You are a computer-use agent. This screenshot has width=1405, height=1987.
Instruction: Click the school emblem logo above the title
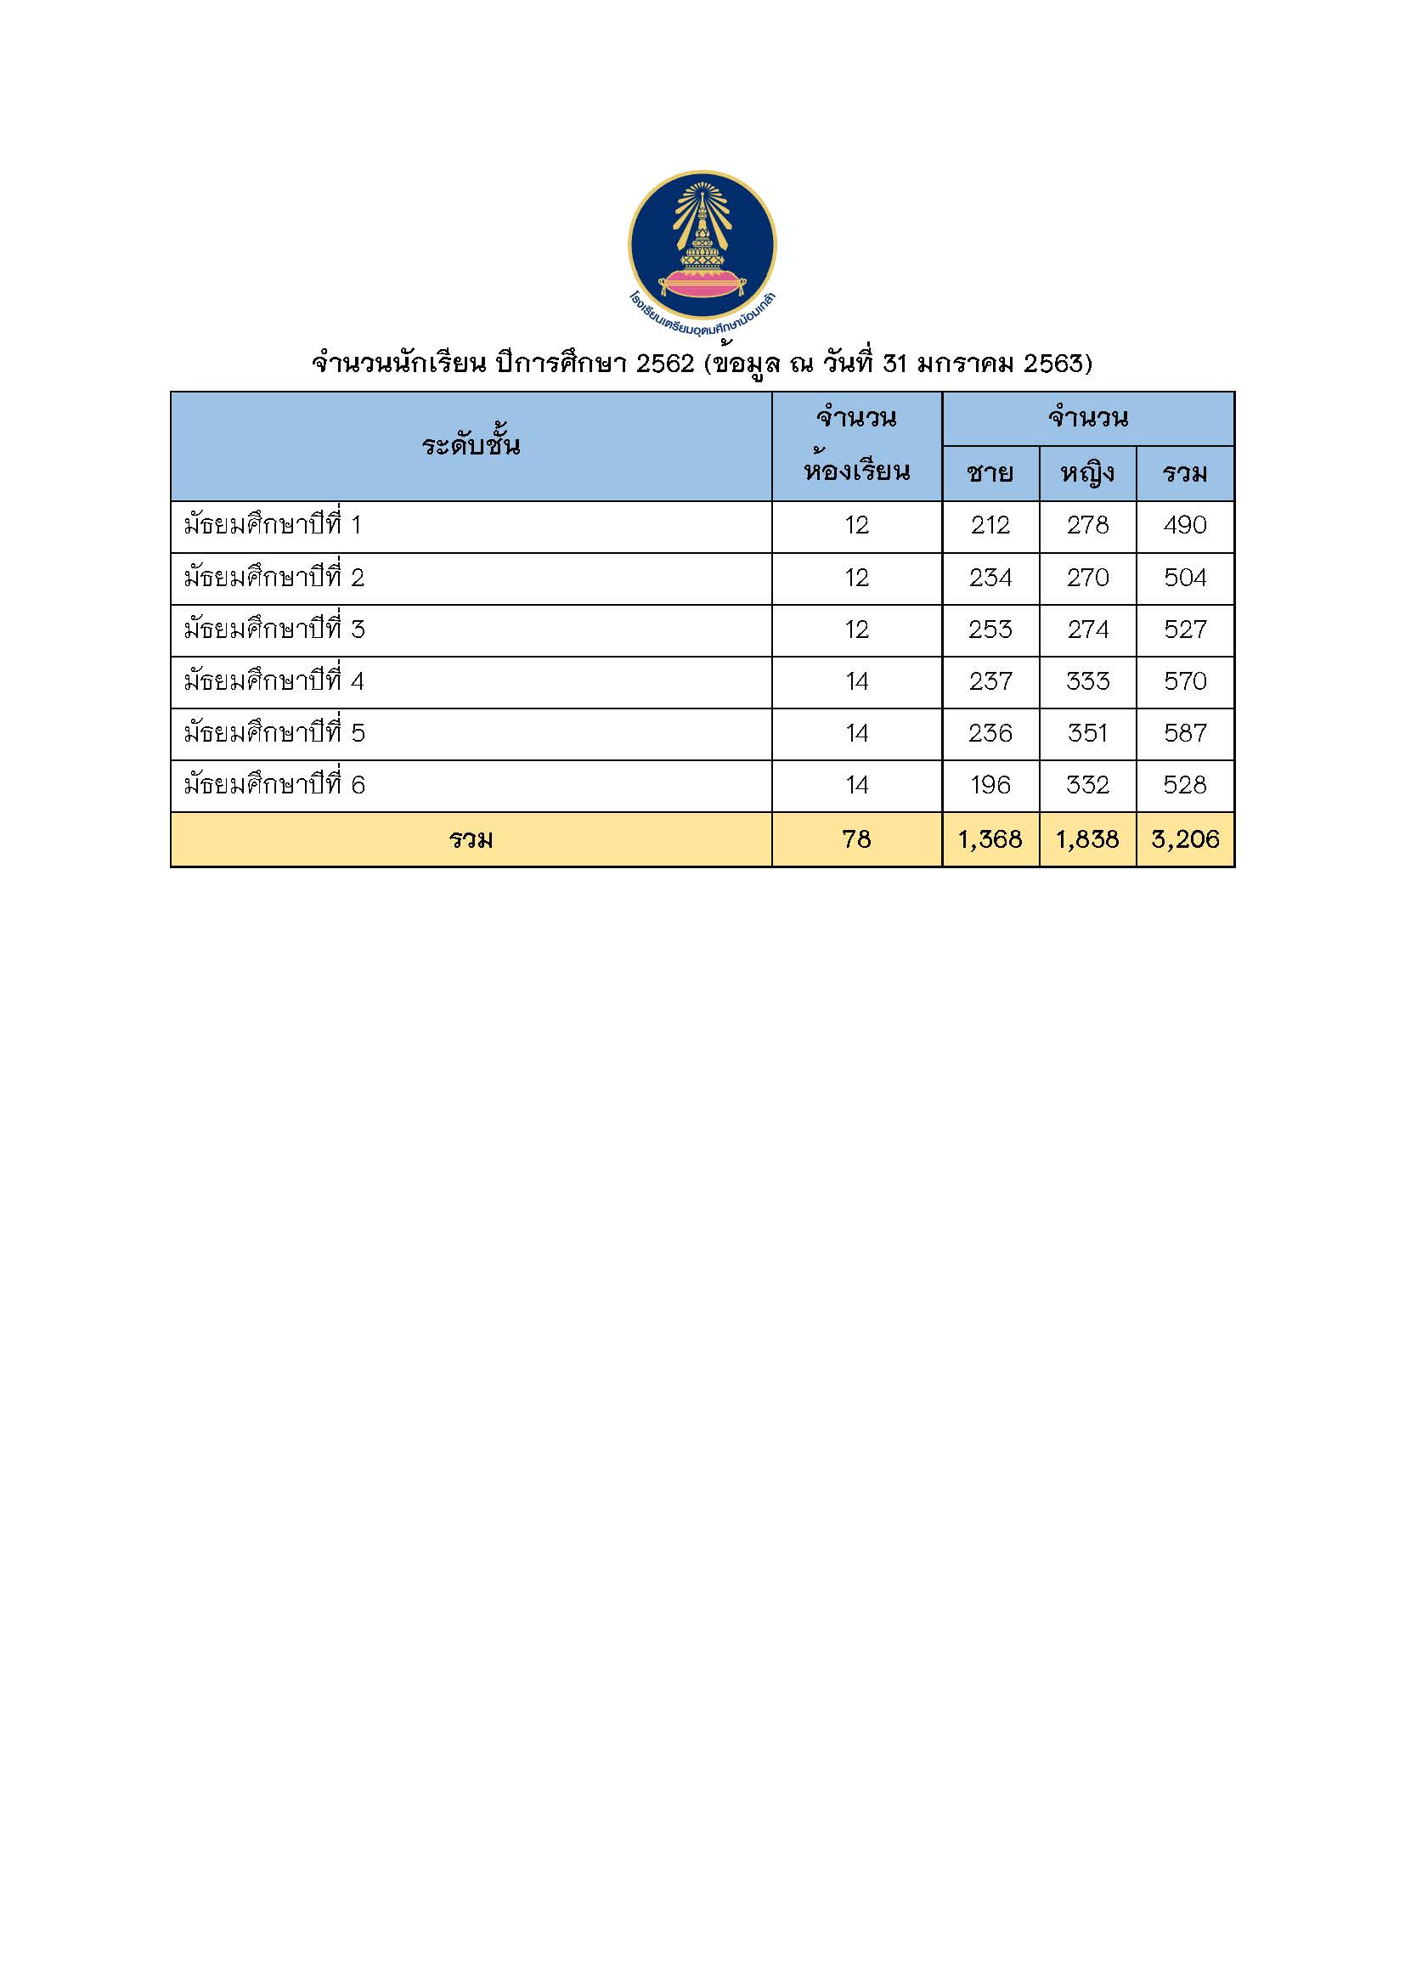tap(702, 245)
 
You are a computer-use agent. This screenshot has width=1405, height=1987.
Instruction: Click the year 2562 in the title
tap(664, 364)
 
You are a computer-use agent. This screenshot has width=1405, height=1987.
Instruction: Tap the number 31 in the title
tap(896, 364)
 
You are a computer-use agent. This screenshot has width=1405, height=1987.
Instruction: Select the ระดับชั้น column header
tap(471, 447)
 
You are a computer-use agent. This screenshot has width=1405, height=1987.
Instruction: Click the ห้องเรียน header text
tap(856, 473)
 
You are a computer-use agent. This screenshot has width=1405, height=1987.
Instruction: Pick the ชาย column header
tap(990, 474)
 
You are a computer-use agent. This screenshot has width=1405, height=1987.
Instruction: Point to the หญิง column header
tap(1087, 474)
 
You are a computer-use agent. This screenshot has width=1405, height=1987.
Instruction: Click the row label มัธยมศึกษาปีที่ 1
tap(273, 525)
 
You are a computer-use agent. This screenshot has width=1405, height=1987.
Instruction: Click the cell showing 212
tap(990, 525)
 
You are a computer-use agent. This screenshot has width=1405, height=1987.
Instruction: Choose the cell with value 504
tap(1184, 577)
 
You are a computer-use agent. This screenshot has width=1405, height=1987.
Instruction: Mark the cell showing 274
tap(1087, 629)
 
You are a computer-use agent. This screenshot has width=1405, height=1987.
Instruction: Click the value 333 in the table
tap(1087, 681)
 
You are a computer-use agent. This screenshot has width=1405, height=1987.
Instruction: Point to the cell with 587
tap(1184, 733)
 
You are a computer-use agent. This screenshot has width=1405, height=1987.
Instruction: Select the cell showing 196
tap(990, 785)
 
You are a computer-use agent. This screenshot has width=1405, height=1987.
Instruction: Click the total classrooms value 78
tap(856, 838)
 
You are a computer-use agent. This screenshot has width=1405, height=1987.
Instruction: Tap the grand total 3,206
tap(1184, 838)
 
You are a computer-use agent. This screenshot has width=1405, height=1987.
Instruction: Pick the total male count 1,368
tap(990, 838)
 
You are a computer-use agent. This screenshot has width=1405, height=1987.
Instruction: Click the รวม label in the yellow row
tap(471, 839)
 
